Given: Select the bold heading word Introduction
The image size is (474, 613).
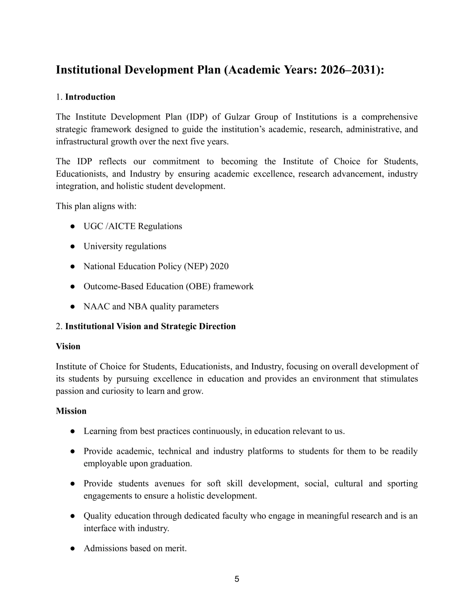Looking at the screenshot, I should pyautogui.click(x=90, y=97).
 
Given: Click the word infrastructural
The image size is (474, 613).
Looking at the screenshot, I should pyautogui.click(x=82, y=141).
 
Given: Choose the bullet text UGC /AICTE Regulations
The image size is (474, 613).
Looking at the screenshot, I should pyautogui.click(x=133, y=226).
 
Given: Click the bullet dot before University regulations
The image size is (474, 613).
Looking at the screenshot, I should pyautogui.click(x=73, y=246).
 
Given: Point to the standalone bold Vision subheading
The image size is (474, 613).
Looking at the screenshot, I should pyautogui.click(x=68, y=346).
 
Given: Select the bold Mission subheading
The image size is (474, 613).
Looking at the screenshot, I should pyautogui.click(x=71, y=411).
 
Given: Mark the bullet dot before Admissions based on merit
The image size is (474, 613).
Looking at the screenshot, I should pyautogui.click(x=73, y=549).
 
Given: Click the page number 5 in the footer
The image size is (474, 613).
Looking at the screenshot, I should pyautogui.click(x=237, y=579).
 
